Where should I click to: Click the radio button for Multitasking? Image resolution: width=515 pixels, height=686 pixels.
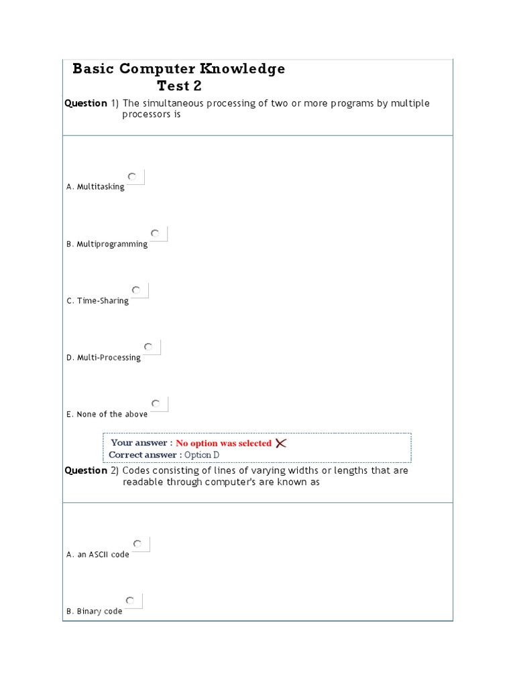tap(133, 177)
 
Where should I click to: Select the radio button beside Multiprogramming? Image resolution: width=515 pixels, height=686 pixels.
tap(156, 234)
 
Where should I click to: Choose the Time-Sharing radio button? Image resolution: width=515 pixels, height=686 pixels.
tap(137, 291)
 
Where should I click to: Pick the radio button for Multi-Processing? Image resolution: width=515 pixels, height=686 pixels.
tap(149, 347)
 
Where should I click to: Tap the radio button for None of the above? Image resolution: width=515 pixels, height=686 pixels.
tap(156, 404)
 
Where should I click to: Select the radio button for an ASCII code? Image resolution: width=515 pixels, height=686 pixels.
tap(137, 544)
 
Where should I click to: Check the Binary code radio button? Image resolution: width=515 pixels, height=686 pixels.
tap(130, 601)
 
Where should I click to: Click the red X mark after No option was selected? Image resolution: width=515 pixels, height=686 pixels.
tap(281, 443)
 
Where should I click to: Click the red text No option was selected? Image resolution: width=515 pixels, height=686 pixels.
tap(223, 443)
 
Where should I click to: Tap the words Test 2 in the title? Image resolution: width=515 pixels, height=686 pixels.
tap(179, 86)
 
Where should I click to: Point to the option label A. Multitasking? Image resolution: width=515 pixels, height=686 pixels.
tap(95, 187)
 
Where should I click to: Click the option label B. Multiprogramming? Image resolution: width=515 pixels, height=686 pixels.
tap(107, 245)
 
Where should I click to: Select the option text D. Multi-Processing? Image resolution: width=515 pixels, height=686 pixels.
tap(103, 358)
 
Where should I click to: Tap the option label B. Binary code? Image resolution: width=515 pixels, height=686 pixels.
tap(94, 612)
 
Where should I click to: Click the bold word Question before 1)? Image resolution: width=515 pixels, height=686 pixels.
tap(85, 103)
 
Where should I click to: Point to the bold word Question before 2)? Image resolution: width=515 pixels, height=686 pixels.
tap(86, 470)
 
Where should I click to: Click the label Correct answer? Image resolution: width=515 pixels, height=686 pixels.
tap(144, 455)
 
